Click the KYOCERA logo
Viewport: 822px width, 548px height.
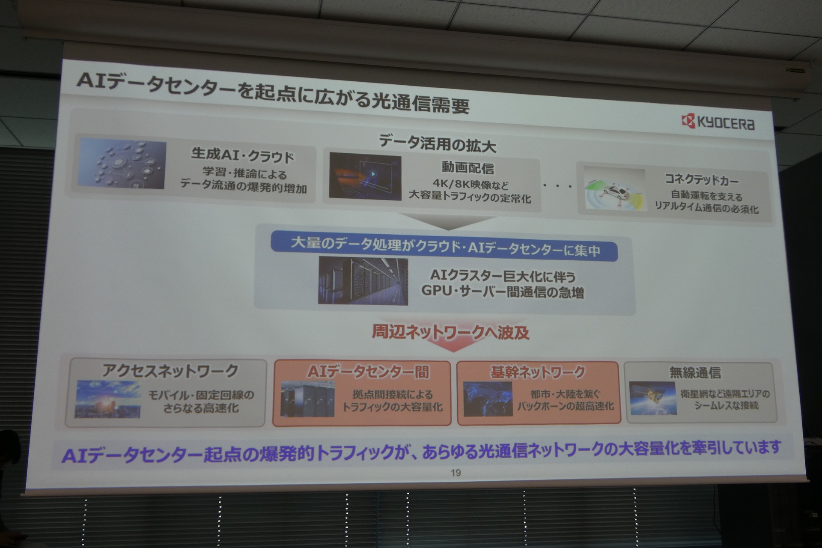pyautogui.click(x=718, y=122)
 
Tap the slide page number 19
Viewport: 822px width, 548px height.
pyautogui.click(x=456, y=473)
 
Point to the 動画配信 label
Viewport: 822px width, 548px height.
pyautogui.click(x=468, y=167)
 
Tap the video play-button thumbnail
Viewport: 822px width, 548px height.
pyautogui.click(x=365, y=177)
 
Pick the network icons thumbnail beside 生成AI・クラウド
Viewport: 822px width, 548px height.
pyautogui.click(x=123, y=164)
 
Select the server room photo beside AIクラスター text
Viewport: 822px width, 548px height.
pyautogui.click(x=363, y=281)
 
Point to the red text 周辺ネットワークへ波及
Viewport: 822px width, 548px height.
pyautogui.click(x=450, y=332)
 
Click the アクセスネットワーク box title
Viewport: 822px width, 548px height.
pyautogui.click(x=170, y=370)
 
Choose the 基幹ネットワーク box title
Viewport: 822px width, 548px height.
pyautogui.click(x=538, y=372)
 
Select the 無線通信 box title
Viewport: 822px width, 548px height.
pyautogui.click(x=695, y=372)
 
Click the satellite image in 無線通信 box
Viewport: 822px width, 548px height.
pyautogui.click(x=653, y=398)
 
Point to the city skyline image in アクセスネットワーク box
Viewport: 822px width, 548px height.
pyautogui.click(x=108, y=399)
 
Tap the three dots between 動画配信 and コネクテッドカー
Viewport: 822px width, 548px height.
pyautogui.click(x=558, y=186)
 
